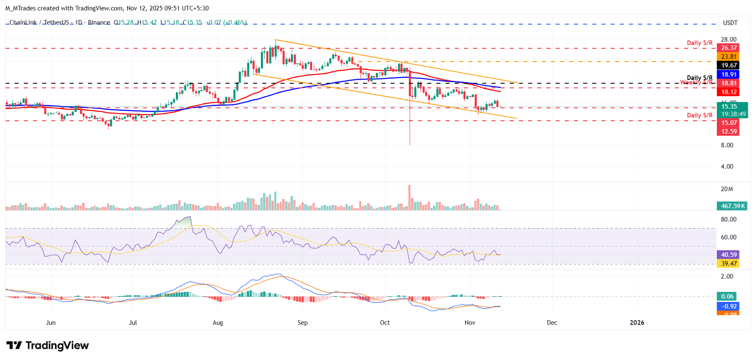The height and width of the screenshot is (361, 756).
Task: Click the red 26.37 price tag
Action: pyautogui.click(x=729, y=48)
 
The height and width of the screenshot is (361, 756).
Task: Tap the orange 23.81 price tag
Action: pyautogui.click(x=729, y=57)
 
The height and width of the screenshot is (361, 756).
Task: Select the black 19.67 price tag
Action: pyautogui.click(x=729, y=65)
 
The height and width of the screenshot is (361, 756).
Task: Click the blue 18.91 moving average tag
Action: pyautogui.click(x=729, y=75)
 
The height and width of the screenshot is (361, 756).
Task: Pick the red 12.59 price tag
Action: pyautogui.click(x=729, y=132)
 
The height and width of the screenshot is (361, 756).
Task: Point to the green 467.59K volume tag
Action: pyautogui.click(x=733, y=206)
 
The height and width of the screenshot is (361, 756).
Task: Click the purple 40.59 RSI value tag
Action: pyautogui.click(x=729, y=255)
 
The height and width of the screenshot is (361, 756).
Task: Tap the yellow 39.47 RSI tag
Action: pyautogui.click(x=729, y=264)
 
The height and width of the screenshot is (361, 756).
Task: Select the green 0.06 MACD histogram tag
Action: pyautogui.click(x=727, y=296)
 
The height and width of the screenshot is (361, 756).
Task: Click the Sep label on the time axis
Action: pyautogui.click(x=303, y=323)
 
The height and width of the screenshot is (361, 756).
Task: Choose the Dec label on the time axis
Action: pyautogui.click(x=552, y=323)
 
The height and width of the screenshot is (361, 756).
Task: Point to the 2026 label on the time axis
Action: pyautogui.click(x=637, y=323)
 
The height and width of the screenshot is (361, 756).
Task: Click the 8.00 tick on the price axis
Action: pyautogui.click(x=727, y=145)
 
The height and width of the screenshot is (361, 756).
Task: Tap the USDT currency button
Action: pyautogui.click(x=730, y=23)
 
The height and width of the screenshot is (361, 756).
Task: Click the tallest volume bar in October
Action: pyautogui.click(x=410, y=198)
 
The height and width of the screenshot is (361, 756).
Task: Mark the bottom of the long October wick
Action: pyautogui.click(x=410, y=144)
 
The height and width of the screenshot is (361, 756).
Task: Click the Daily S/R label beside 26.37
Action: pyautogui.click(x=699, y=43)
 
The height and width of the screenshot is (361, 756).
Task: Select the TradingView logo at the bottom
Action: pyautogui.click(x=48, y=346)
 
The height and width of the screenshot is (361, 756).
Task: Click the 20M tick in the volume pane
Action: pyautogui.click(x=727, y=189)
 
